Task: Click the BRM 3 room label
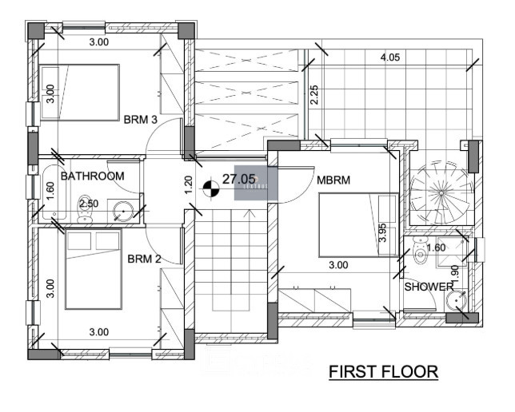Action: pos(141,119)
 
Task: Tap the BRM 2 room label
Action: pos(145,259)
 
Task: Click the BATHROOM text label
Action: pos(93,176)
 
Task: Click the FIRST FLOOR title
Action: pos(384,372)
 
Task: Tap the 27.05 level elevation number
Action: pos(238,180)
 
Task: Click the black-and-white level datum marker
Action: pos(211,189)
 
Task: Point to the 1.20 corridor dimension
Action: pos(188,185)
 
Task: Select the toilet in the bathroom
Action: pos(86,210)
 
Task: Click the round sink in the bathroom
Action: pos(122,212)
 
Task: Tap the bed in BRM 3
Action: pos(80,93)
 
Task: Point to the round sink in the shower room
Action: pos(456,300)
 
